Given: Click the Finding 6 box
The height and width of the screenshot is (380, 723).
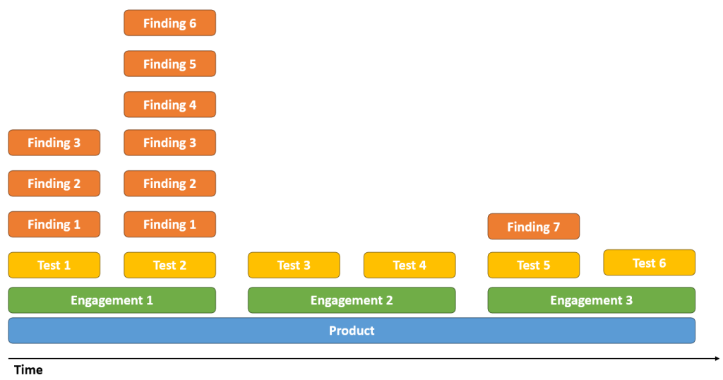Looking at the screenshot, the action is click(x=169, y=23).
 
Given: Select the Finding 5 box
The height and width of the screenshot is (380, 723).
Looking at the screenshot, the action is click(x=169, y=64).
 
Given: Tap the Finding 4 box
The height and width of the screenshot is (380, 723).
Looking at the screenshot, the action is click(x=169, y=105).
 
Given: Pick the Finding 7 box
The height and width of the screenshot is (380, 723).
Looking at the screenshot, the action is click(x=534, y=227).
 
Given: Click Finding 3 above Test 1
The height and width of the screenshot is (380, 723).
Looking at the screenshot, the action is click(x=54, y=143).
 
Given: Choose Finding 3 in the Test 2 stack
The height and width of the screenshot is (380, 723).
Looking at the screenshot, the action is click(x=169, y=143).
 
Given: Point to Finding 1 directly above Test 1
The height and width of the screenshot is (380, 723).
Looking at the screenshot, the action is click(x=54, y=224).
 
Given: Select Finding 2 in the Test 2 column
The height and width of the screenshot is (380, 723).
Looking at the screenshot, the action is click(x=169, y=184).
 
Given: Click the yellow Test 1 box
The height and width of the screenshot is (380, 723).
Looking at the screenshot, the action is click(x=54, y=265).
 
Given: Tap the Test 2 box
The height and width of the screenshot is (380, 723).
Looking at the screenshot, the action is click(x=169, y=265).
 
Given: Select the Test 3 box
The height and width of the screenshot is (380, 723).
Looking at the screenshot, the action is click(x=294, y=265).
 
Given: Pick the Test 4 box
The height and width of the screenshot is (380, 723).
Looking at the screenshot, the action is click(x=410, y=265).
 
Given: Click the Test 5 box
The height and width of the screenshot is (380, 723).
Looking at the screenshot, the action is click(x=534, y=265).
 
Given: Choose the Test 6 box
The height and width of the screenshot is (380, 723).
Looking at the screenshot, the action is click(x=650, y=263).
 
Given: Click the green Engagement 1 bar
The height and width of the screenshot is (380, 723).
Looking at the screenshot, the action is click(x=112, y=300).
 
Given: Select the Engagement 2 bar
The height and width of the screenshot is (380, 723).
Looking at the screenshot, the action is click(x=352, y=300).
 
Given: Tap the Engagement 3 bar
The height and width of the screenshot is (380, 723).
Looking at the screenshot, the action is click(x=592, y=300).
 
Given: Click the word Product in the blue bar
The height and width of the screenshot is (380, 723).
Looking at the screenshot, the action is click(x=352, y=331).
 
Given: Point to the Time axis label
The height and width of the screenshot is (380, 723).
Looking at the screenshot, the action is click(x=28, y=370).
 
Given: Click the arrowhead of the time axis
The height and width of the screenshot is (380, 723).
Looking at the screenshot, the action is click(x=717, y=358).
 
